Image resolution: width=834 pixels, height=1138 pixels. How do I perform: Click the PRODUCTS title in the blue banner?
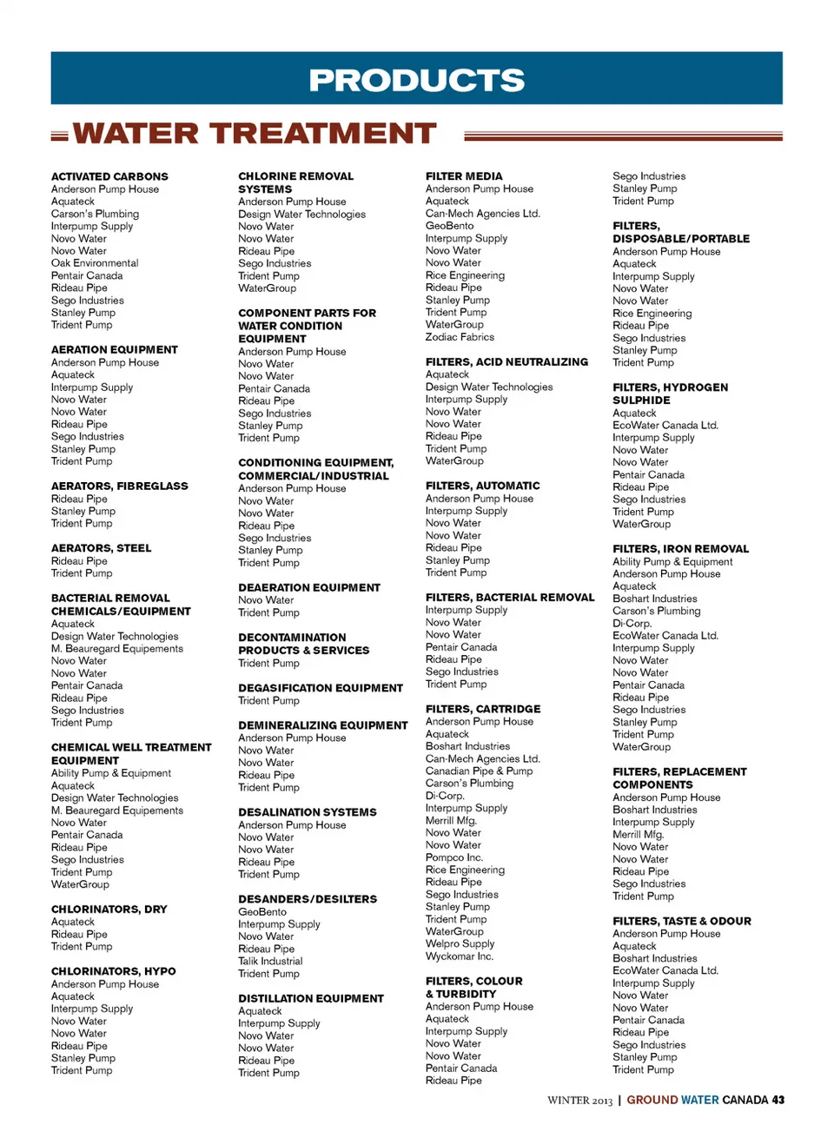(x=417, y=80)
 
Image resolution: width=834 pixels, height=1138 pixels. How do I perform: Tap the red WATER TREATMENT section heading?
(x=255, y=134)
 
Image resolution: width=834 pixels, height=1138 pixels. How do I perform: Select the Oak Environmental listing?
(x=95, y=263)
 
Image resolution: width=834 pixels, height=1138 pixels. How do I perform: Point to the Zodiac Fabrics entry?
(x=460, y=337)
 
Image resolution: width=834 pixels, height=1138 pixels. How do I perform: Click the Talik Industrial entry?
(x=270, y=962)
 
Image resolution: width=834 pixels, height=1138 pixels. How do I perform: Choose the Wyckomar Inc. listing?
(x=460, y=956)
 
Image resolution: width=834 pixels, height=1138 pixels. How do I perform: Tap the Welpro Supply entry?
(x=460, y=944)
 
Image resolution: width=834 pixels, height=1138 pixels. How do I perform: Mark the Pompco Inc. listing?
(x=454, y=857)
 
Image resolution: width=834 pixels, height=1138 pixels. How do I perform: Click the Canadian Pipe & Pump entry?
(x=479, y=771)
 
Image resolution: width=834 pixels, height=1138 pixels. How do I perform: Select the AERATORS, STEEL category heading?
(x=101, y=548)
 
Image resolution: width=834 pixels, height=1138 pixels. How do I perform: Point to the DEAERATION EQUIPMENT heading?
(x=309, y=588)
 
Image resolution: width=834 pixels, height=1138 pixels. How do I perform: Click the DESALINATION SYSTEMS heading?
(x=308, y=812)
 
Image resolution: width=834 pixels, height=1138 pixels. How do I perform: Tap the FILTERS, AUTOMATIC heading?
(x=482, y=486)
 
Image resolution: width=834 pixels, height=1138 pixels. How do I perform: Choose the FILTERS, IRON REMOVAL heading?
(x=680, y=549)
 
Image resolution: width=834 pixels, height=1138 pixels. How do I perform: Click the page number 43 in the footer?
(x=778, y=1100)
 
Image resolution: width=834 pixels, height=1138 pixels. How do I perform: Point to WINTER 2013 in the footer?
(x=579, y=1101)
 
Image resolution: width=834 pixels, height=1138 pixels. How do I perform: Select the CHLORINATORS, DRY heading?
(x=109, y=910)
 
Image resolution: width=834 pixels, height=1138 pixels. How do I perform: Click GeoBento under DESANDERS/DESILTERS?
(x=262, y=912)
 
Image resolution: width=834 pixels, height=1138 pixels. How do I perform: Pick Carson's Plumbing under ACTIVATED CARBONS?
(x=95, y=214)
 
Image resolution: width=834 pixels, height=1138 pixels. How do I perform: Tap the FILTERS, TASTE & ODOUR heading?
(x=682, y=922)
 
